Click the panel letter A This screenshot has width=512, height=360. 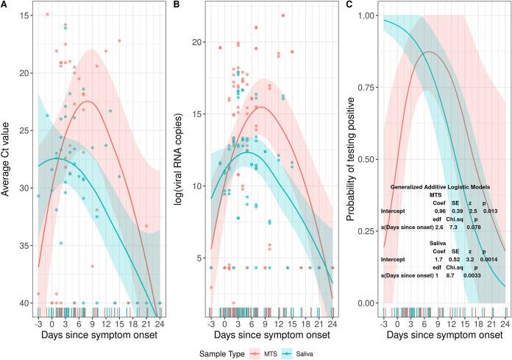point(5,4)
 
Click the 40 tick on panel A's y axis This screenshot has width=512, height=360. point(25,303)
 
